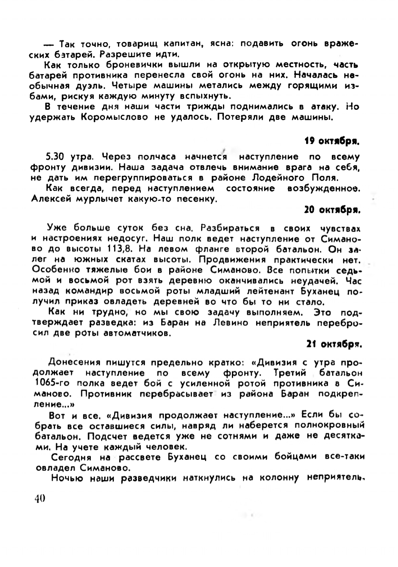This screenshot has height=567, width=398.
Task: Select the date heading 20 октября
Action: click(332, 210)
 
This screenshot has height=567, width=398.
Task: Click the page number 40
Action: click(40, 498)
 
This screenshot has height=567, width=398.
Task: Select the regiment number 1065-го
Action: click(53, 383)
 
